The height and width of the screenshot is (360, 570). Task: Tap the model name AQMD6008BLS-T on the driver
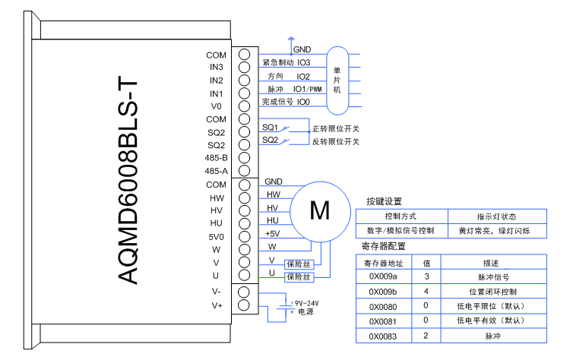[x=129, y=179]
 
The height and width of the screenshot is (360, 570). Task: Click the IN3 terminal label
[x=216, y=68]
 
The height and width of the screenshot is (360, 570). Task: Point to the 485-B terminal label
[x=216, y=158]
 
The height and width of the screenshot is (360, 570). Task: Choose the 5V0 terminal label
[x=216, y=236]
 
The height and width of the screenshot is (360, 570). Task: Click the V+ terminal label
[x=217, y=305]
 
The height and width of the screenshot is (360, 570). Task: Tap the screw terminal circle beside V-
[x=245, y=292]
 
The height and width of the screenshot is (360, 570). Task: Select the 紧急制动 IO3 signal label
[x=286, y=62]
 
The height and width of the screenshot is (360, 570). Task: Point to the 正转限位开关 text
[x=335, y=128]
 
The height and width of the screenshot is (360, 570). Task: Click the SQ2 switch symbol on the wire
[x=285, y=141]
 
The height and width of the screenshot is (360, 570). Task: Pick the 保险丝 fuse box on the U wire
[x=299, y=278]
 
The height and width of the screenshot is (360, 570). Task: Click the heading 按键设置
[x=384, y=202]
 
